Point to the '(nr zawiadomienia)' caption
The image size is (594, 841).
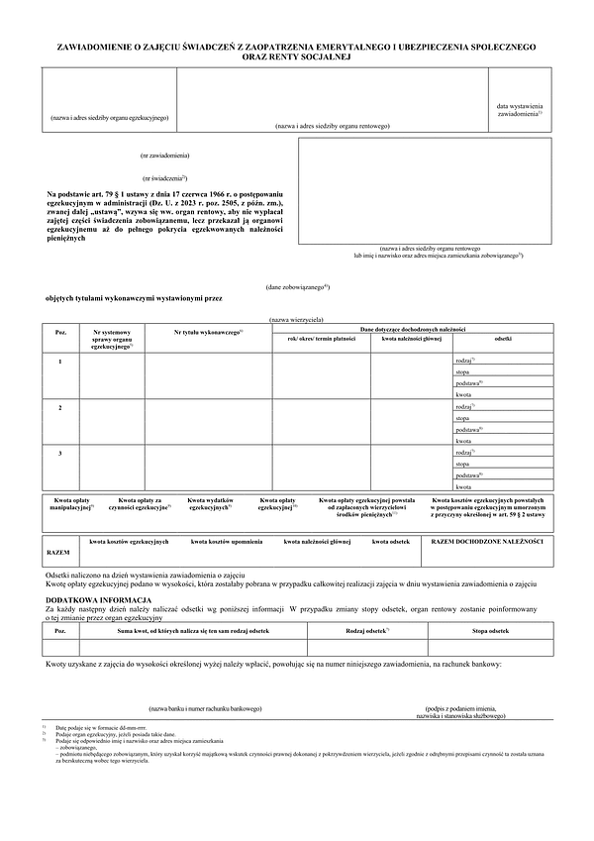[x=165, y=157]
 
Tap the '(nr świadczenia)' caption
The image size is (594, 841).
[x=165, y=175]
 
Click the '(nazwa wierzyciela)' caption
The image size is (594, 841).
[x=296, y=320]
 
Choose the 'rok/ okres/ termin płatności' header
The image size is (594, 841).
[x=321, y=340]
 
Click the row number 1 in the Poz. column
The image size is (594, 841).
[x=60, y=362]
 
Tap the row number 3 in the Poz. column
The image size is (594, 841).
[x=60, y=453]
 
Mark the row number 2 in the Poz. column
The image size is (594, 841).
[x=60, y=407]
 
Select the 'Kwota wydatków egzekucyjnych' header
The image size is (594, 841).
[x=211, y=505]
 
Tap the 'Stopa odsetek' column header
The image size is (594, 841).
[x=491, y=631]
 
